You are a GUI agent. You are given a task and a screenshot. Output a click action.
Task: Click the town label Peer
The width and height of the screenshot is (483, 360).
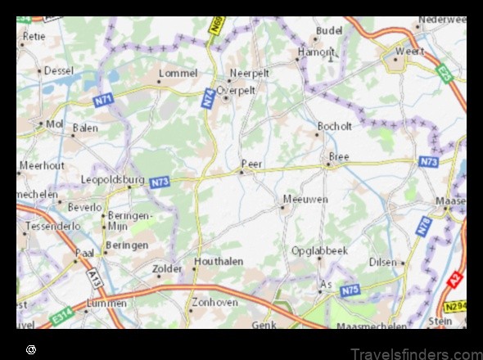click(x=252, y=164)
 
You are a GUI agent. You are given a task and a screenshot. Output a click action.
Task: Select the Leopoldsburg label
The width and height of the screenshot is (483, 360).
click(x=112, y=179)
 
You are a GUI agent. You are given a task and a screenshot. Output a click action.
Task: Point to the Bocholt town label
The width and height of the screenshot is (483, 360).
click(x=334, y=127)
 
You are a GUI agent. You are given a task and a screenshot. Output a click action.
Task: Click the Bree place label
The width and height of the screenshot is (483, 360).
click(x=338, y=155)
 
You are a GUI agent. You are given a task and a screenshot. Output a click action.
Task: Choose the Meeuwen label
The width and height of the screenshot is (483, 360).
click(x=305, y=199)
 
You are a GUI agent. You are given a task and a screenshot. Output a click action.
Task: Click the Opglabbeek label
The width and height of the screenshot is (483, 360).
click(x=319, y=250)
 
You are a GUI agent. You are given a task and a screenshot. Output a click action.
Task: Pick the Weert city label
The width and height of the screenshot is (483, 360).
click(x=410, y=51)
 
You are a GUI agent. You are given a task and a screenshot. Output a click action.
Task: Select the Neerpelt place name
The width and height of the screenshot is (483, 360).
click(x=249, y=73)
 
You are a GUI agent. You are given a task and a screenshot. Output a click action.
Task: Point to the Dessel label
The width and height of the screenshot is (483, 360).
click(x=58, y=70)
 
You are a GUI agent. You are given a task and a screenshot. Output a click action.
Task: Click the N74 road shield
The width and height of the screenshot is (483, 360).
click(x=207, y=97)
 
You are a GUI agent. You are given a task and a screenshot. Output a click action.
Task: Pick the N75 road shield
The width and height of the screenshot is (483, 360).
click(x=350, y=289)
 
